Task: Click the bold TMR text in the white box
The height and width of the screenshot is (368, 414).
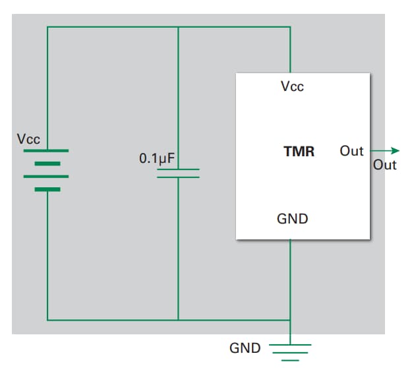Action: click(x=299, y=152)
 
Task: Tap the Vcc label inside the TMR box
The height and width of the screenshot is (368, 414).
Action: click(x=292, y=86)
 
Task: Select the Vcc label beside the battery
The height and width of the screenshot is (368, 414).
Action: click(x=28, y=139)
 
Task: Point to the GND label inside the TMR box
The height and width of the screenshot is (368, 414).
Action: click(x=292, y=218)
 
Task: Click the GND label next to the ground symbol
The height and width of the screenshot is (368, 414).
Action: click(x=245, y=348)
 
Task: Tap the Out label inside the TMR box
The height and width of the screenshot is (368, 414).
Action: click(x=351, y=151)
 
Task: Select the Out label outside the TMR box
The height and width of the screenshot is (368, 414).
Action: click(x=385, y=165)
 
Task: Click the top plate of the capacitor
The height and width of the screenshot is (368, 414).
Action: click(x=178, y=169)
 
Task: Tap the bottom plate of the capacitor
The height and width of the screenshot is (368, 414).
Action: click(x=178, y=177)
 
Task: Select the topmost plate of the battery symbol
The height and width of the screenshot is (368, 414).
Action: click(x=47, y=150)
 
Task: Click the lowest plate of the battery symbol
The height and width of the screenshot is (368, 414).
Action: click(x=47, y=189)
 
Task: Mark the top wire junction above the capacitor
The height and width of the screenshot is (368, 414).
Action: click(x=178, y=27)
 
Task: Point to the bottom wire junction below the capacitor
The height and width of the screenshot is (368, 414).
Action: click(x=178, y=321)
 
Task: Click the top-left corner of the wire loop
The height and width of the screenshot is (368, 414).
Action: click(x=47, y=27)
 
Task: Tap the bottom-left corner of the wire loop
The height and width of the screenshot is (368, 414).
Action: click(x=47, y=321)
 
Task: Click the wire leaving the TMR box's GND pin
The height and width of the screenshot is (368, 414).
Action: click(x=290, y=277)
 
